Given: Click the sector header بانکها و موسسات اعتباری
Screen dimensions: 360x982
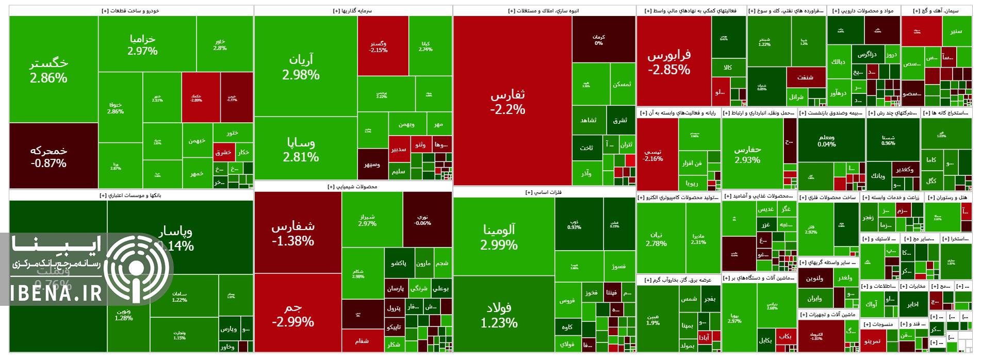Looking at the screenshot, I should tap(130, 195).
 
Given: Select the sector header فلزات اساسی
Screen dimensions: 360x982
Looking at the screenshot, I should tap(544, 192).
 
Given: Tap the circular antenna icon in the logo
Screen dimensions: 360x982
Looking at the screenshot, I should tap(136, 268).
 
